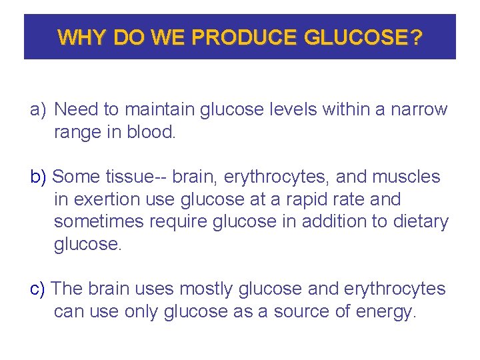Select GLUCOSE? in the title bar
click(x=363, y=37)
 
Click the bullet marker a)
click(x=38, y=110)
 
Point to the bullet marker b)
click(x=39, y=177)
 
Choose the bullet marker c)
click(x=38, y=289)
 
